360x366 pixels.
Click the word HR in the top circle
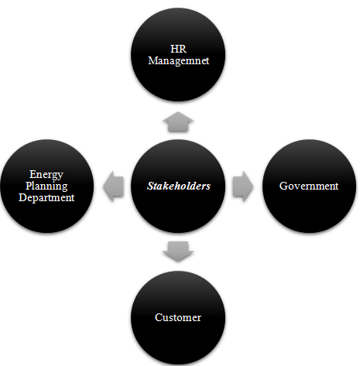178,49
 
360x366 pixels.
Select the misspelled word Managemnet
179,61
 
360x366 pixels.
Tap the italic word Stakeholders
179,186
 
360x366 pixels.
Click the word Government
309,186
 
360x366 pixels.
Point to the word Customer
178,317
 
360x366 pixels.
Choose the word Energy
46,175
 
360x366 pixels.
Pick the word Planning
46,186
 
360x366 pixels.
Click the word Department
46,198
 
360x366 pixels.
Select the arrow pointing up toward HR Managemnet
178,121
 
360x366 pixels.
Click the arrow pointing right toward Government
243,186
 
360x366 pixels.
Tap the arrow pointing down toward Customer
178,251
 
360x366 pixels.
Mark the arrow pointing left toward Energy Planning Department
113,186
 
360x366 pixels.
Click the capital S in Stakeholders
150,186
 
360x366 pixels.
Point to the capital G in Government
283,186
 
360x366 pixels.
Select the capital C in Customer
159,317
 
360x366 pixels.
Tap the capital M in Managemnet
153,60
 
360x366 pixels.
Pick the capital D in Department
22,197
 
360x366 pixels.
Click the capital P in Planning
29,186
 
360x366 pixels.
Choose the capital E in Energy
33,174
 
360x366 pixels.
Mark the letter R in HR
183,49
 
